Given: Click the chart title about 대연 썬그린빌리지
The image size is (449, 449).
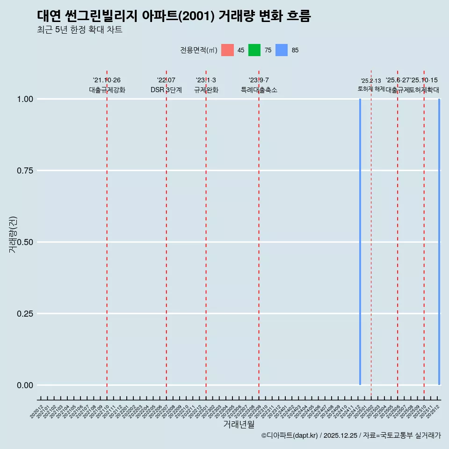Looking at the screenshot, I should click(174, 16).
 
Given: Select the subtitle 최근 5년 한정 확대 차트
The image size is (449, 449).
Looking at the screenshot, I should click(80, 30).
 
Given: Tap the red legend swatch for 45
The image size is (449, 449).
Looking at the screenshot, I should click(227, 50).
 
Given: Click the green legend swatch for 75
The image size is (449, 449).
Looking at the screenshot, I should click(254, 50).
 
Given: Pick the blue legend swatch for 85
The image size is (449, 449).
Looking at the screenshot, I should click(282, 50).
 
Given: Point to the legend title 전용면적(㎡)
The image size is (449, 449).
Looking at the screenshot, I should click(198, 50).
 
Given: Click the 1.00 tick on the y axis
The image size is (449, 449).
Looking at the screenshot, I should click(25, 99).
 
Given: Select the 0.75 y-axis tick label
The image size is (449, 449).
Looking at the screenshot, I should click(25, 171).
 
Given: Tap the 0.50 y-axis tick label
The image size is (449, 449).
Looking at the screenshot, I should click(25, 242).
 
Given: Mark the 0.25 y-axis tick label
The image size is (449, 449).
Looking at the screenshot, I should click(25, 314).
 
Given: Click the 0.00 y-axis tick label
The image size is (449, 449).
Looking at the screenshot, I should click(25, 385).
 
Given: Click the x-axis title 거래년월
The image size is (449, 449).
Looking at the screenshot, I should click(239, 425).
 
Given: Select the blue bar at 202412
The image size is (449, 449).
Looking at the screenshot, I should click(360, 242).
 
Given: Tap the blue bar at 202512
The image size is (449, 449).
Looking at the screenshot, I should click(439, 242).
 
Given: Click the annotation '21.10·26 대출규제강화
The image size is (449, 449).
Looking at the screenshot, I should click(107, 85).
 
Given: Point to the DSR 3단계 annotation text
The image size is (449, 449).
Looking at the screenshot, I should click(166, 90).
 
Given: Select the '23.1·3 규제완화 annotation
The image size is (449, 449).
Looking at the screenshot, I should click(206, 85).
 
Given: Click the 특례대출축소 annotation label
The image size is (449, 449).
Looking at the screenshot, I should click(259, 90).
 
